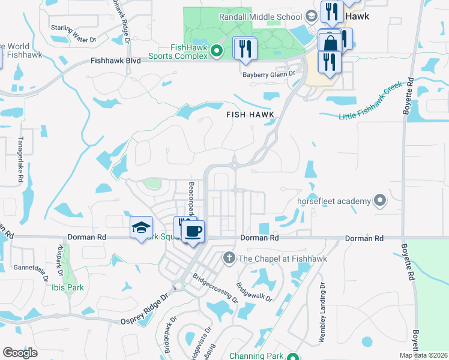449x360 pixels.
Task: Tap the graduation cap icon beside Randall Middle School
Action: click(x=311, y=16)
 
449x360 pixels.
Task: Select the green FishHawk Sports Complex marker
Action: click(x=218, y=52)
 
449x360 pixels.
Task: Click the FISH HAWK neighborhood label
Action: click(x=250, y=114)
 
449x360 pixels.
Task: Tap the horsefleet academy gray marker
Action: click(x=379, y=200)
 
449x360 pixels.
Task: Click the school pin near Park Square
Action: click(x=141, y=227)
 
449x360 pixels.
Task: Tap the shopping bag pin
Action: click(x=330, y=43)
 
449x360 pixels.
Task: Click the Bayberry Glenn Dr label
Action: click(x=269, y=74)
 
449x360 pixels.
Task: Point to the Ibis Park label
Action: click(x=67, y=287)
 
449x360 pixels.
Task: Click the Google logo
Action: click(x=20, y=353)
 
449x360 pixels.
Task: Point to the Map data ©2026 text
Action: click(x=423, y=355)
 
